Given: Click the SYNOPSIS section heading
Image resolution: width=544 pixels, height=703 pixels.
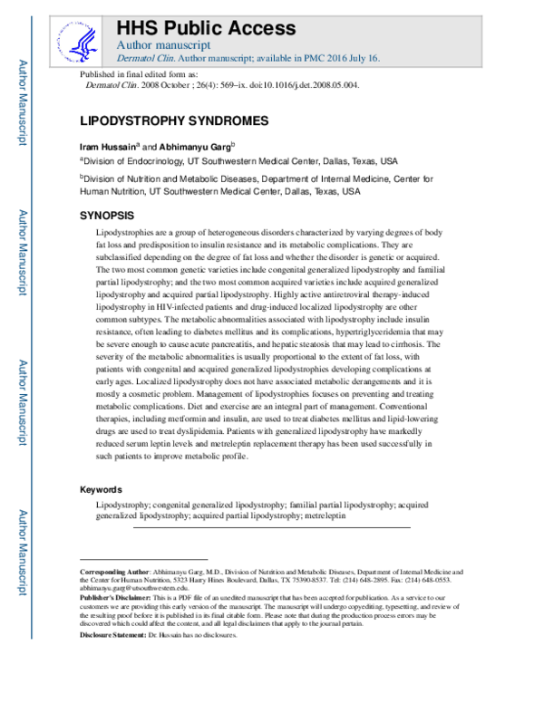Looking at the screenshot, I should [x=108, y=217].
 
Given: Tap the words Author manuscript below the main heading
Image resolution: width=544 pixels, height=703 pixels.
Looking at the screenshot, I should [x=164, y=43].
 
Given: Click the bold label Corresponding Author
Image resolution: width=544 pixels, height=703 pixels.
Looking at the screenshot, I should [x=114, y=573].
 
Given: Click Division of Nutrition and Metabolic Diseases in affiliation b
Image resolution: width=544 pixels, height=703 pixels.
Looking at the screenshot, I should [x=185, y=179].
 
